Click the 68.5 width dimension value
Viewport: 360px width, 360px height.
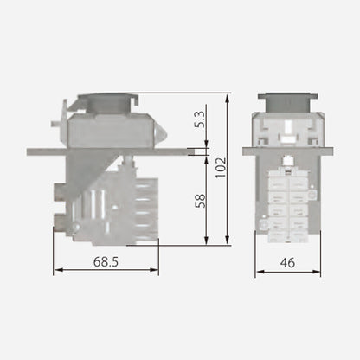coord(106,260)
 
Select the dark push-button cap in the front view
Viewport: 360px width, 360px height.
coord(287,101)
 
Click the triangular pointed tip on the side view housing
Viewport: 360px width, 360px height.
coord(162,134)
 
